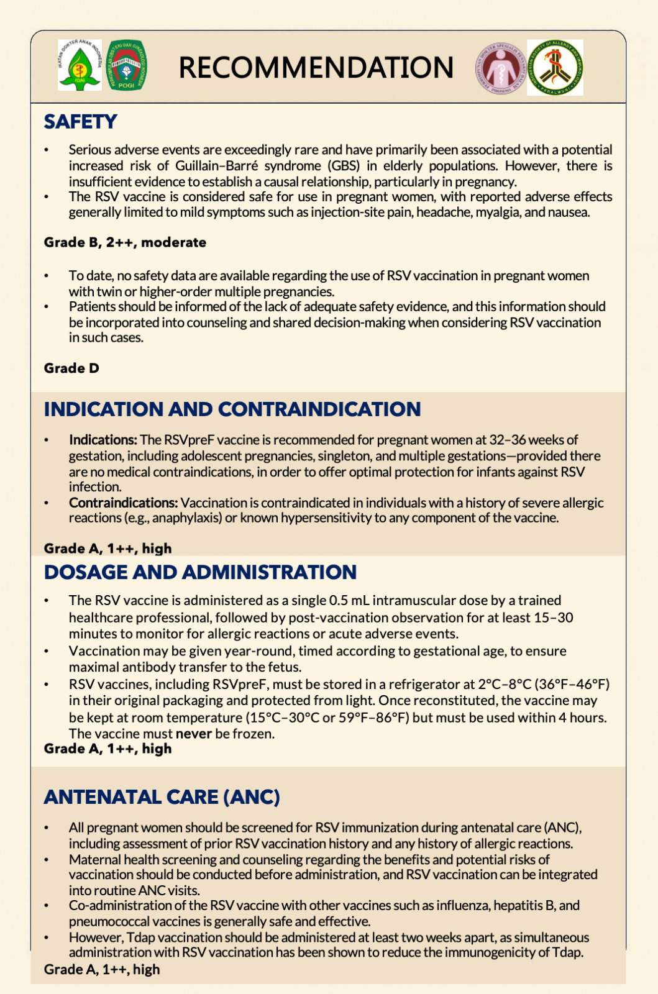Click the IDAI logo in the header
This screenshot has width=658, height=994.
80,65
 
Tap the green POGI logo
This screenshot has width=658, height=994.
127,65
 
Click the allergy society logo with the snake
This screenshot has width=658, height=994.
555,68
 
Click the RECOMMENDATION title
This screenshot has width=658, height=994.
316,68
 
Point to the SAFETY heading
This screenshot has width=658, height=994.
80,122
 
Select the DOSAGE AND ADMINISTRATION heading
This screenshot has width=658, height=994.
200,572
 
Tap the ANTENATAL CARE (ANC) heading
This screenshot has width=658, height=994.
162,797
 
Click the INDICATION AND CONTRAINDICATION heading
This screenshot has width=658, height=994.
232,409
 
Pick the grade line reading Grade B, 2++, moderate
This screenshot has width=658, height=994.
125,242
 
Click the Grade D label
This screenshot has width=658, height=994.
71,368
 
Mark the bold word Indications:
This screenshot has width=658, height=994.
103,440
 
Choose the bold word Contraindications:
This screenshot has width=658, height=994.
123,503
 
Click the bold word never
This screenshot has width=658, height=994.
193,734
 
